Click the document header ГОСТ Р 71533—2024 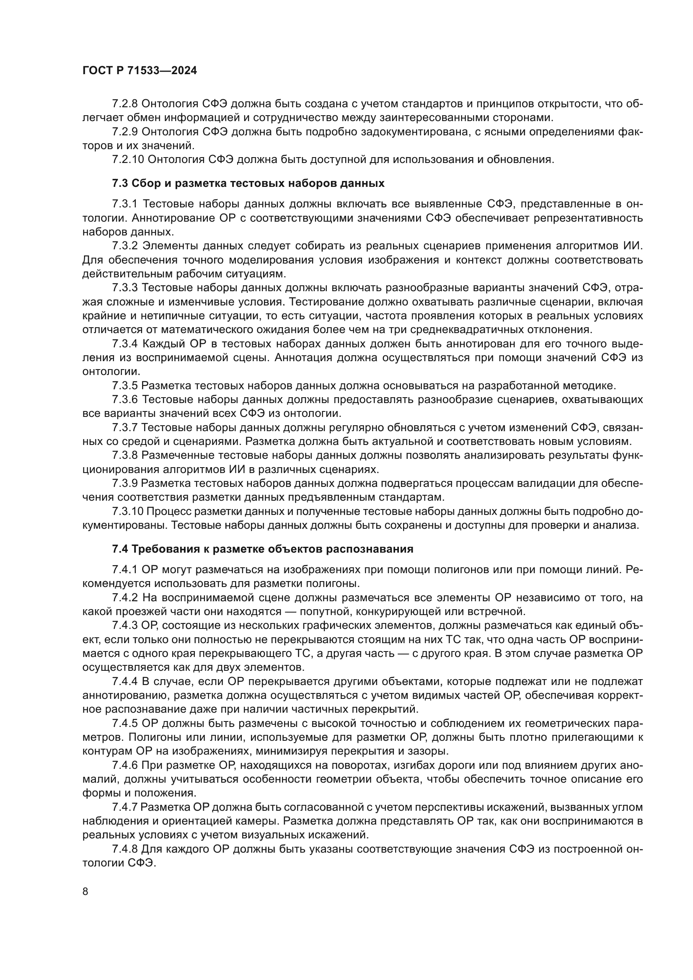140,71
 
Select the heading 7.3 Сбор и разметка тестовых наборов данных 248,184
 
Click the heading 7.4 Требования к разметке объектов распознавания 262,549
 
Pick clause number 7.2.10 128,160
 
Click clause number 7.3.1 125,204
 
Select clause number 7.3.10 128,511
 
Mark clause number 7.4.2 125,597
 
